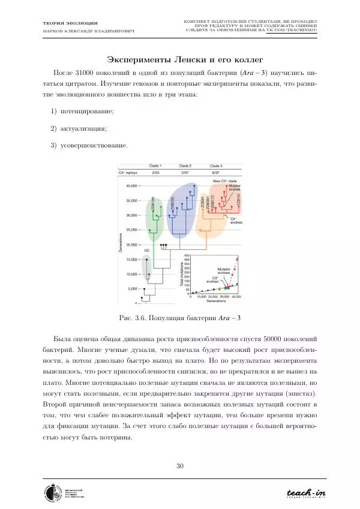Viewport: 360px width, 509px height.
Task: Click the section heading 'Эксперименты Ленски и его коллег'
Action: [x=179, y=59]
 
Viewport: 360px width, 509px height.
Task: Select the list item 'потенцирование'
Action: [x=83, y=112]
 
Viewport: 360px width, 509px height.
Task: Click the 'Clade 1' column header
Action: [x=155, y=165]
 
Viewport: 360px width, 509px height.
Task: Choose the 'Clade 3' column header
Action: [x=216, y=165]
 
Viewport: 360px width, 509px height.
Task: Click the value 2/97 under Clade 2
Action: [x=185, y=172]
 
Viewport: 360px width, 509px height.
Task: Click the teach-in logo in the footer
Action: [x=305, y=493]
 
